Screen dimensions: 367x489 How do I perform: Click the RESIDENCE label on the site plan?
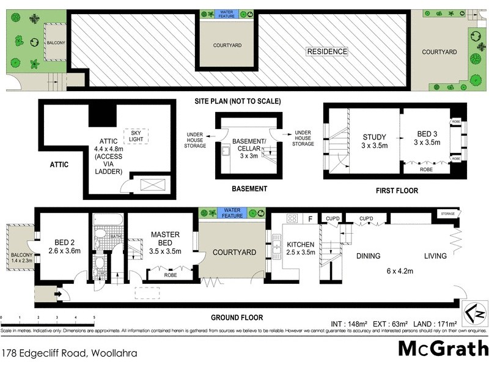tap(327, 52)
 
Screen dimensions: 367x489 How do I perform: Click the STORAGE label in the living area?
tap(447, 213)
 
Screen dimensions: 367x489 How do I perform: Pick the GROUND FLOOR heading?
tap(237, 317)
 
